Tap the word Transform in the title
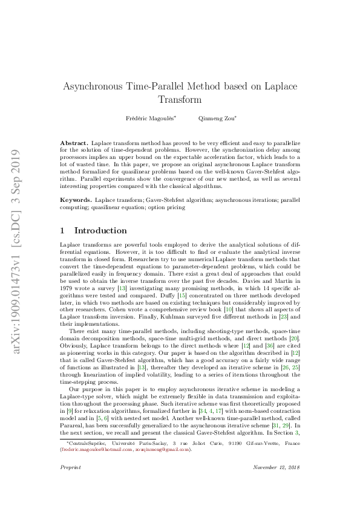179,100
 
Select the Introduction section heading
100,231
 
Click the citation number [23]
281,316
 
